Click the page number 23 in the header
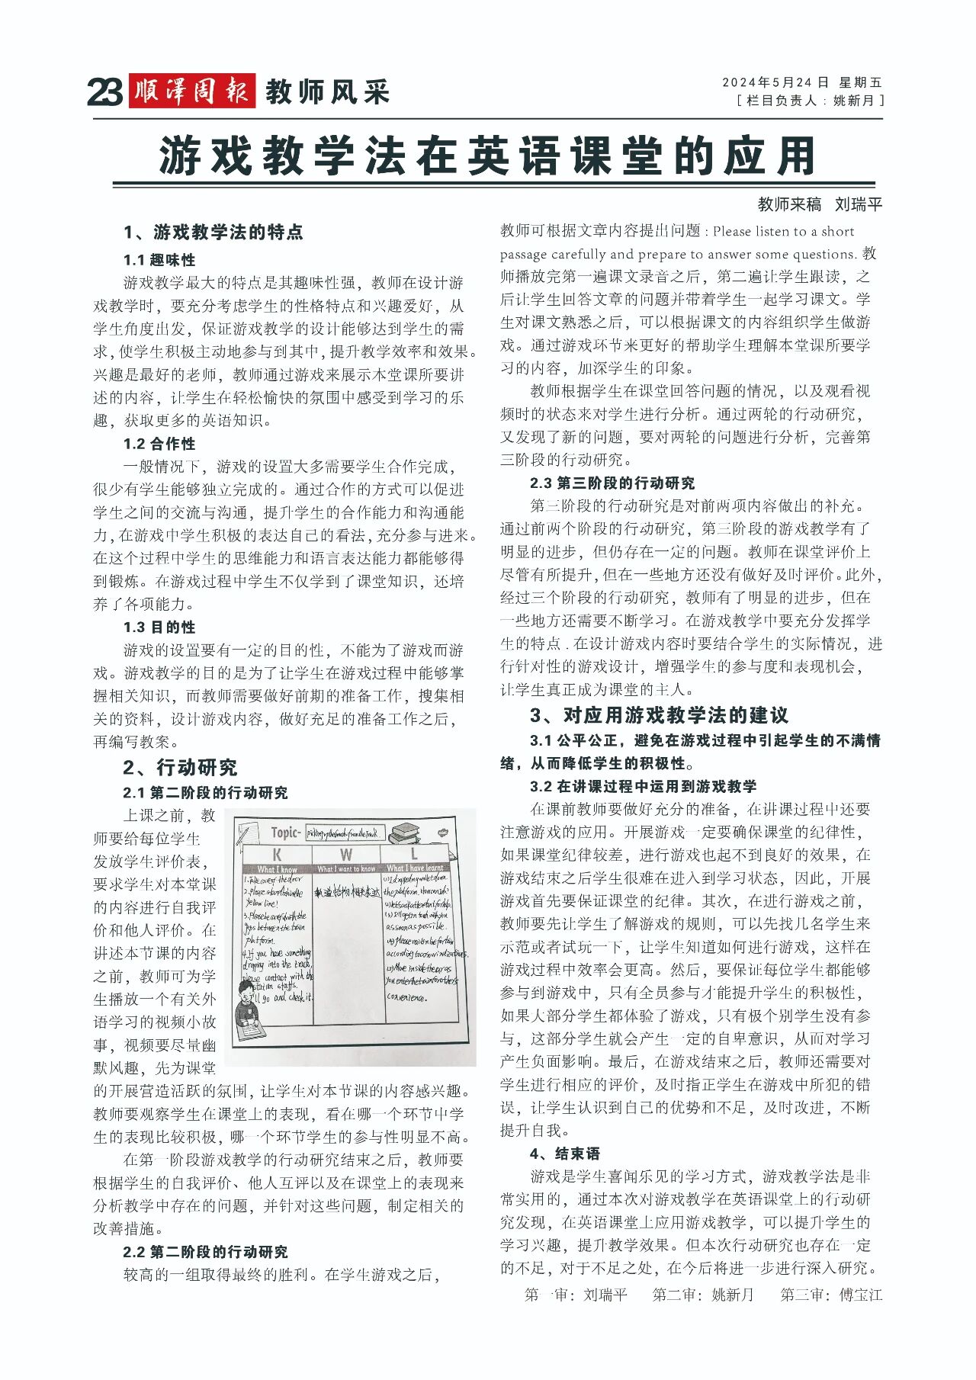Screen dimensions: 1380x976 104,92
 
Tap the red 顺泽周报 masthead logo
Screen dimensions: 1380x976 191,91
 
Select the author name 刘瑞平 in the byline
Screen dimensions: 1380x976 858,204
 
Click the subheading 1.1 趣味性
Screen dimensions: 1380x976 159,260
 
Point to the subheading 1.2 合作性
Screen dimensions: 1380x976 159,444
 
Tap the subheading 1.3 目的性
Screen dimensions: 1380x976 159,627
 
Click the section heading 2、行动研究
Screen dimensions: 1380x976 181,767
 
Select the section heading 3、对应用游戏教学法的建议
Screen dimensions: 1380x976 660,715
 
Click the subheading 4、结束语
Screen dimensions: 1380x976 565,1154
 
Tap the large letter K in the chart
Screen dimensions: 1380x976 277,855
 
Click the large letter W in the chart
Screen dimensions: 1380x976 346,855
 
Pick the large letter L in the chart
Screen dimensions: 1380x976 414,855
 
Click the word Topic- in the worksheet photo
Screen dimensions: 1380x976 286,833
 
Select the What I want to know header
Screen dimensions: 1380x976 346,868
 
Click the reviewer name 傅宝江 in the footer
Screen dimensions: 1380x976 861,1295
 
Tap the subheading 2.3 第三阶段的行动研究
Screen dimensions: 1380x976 612,483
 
